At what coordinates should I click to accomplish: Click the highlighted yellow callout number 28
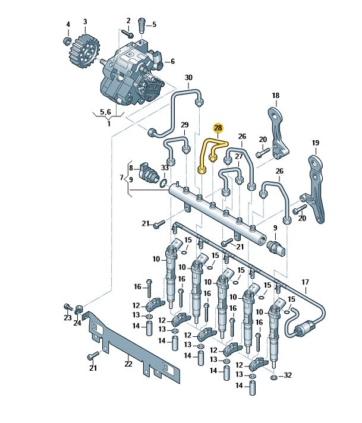tap(218, 128)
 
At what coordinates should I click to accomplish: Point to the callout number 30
tap(188, 78)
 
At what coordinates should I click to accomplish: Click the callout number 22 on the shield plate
tap(128, 364)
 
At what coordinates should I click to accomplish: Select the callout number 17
tap(306, 282)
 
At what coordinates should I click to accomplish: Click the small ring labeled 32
tap(273, 377)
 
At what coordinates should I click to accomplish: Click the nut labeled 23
tap(67, 307)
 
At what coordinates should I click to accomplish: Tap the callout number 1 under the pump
tap(108, 124)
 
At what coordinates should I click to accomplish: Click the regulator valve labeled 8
tap(148, 172)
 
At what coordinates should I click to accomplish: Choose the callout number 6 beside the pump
tap(172, 61)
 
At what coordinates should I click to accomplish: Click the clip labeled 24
tap(80, 310)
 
